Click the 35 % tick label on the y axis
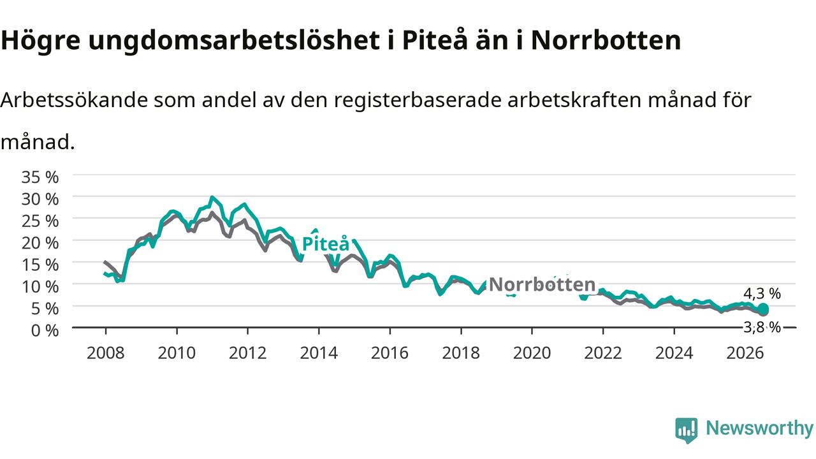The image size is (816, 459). (40, 177)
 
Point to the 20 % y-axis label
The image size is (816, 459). (40, 243)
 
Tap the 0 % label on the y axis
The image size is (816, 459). (45, 330)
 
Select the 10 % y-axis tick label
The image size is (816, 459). (40, 287)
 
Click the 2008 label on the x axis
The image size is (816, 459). (106, 353)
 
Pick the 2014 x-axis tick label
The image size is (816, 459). (319, 353)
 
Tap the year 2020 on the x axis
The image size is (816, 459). (532, 353)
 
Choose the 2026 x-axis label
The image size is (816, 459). (745, 353)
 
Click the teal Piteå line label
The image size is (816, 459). (326, 244)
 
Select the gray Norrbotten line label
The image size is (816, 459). (542, 284)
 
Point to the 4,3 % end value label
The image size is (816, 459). (762, 293)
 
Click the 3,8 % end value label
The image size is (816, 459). (762, 327)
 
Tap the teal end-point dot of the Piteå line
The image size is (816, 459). (763, 309)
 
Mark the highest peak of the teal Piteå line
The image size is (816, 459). (212, 198)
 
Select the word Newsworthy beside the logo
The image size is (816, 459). (759, 428)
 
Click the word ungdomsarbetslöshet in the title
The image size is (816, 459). (234, 41)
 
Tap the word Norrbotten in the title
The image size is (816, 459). (606, 40)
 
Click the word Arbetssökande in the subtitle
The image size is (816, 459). (74, 100)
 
